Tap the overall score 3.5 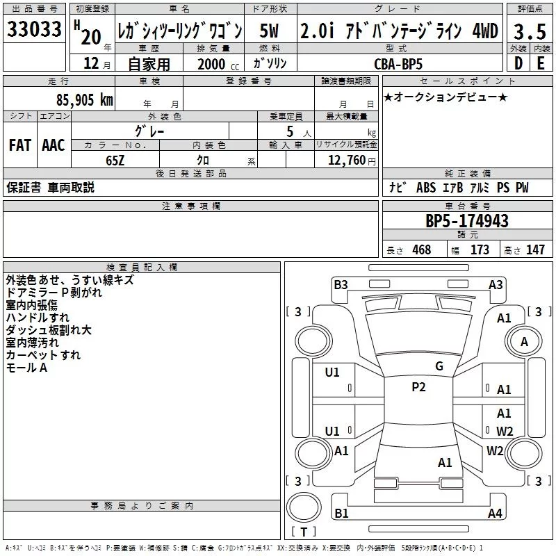[x=529, y=31]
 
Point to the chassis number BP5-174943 [x=467, y=221]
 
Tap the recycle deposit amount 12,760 [x=343, y=161]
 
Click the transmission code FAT [x=20, y=145]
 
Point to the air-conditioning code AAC [x=54, y=145]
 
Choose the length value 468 [x=421, y=250]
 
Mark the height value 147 [x=534, y=250]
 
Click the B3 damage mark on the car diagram [x=341, y=284]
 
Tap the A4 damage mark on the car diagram [x=495, y=514]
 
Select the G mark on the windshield [x=439, y=366]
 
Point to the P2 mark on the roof [x=418, y=387]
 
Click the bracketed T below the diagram [x=304, y=532]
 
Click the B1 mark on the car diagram [x=341, y=514]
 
